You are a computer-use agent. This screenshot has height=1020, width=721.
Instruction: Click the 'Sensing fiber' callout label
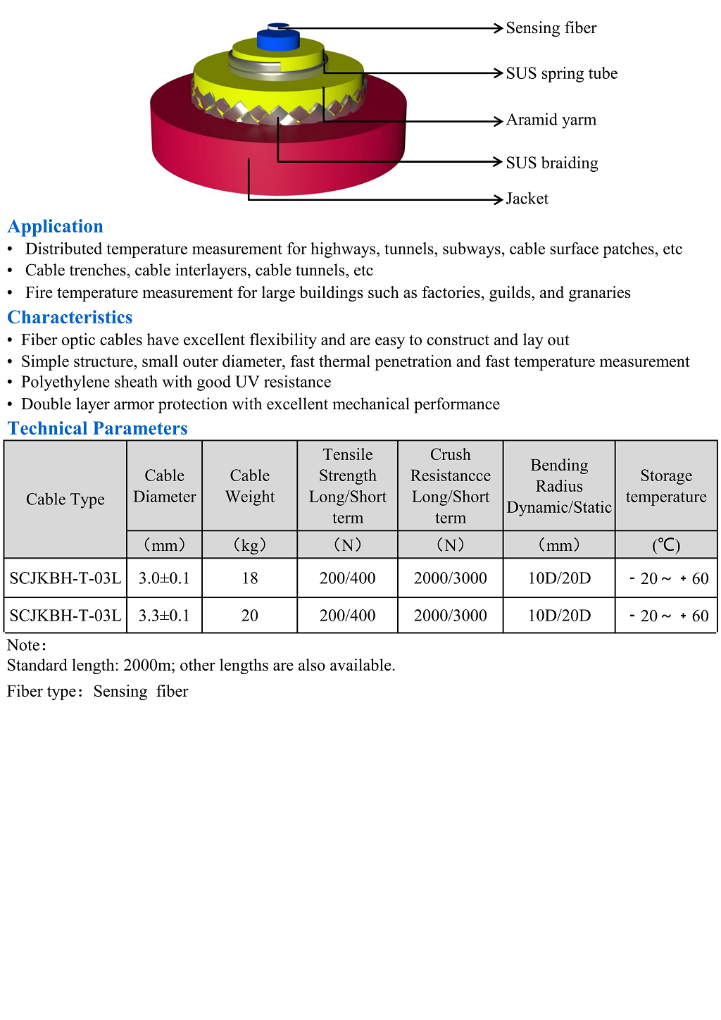551,28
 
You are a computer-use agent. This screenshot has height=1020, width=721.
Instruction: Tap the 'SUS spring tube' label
561,73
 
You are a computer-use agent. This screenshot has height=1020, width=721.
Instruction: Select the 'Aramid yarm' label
551,120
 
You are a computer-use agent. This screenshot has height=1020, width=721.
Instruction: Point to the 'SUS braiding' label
551,163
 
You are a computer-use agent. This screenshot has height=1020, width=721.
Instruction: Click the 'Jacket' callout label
527,199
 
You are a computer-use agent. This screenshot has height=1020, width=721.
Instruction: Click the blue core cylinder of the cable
278,41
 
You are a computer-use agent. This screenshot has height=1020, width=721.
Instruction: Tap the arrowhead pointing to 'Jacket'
499,200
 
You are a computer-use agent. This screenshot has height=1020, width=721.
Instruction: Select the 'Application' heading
56,226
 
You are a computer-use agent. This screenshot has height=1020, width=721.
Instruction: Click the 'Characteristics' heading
70,317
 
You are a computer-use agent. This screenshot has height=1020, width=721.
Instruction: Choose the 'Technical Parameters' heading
97,428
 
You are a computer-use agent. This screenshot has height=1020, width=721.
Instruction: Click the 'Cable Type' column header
65,499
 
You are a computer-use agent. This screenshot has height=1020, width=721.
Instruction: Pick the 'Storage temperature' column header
666,486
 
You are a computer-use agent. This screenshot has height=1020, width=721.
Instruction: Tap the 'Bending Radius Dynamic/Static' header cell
559,486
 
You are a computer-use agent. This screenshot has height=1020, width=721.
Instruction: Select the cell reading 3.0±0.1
164,578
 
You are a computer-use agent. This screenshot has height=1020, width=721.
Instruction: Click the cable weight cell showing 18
250,578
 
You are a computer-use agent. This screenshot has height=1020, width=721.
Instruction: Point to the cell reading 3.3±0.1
164,616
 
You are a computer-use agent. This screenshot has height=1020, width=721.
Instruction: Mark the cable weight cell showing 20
250,616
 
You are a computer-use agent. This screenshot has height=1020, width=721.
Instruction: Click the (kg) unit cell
250,545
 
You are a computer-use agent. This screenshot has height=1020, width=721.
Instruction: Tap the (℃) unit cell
666,545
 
